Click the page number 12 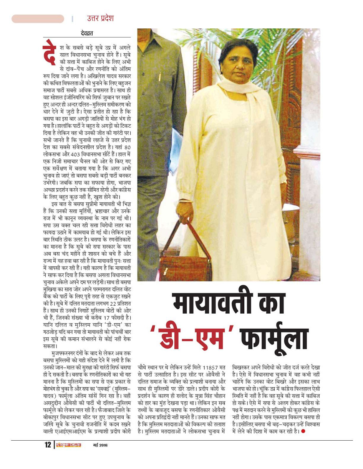[48, 445]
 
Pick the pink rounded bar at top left [38, 18]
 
